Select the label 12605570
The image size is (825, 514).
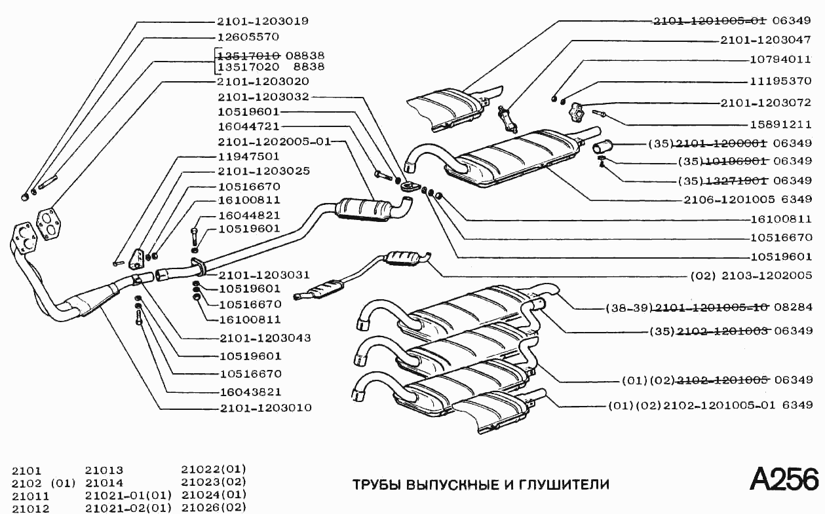tap(248, 37)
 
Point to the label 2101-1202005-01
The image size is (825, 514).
tap(274, 141)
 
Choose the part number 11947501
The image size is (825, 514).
tap(248, 156)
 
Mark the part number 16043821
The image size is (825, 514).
tap(250, 392)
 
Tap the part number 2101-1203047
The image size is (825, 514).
tap(765, 40)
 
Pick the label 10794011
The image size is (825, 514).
tap(780, 59)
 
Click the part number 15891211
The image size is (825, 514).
tap(780, 124)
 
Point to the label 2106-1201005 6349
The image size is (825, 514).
tap(748, 199)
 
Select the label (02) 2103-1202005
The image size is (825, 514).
tap(751, 276)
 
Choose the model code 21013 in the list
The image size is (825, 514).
tap(104, 470)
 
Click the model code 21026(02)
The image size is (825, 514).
tap(213, 507)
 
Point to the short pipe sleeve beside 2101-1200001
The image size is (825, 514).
tap(602, 147)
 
